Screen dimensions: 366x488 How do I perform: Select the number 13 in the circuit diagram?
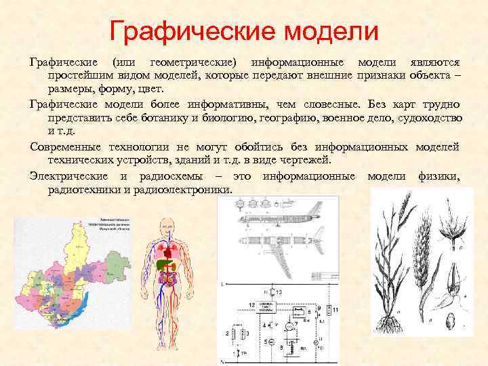(280, 292)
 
